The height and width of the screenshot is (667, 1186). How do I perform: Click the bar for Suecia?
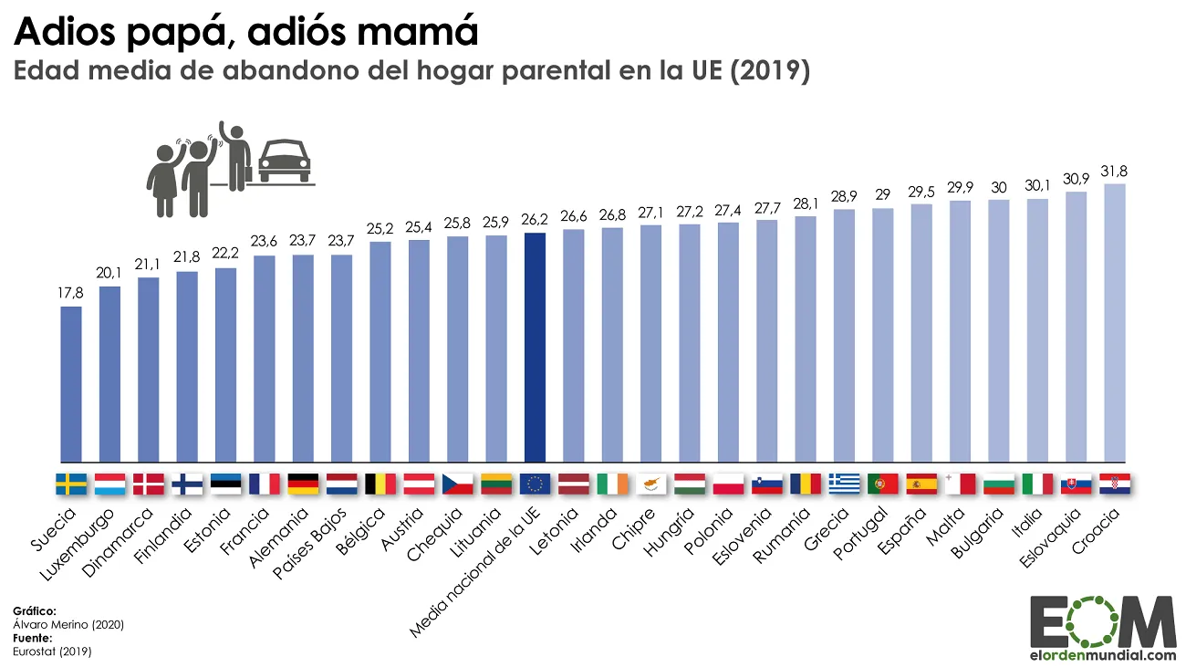click(71, 384)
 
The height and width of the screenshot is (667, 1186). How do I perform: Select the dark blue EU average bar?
click(536, 348)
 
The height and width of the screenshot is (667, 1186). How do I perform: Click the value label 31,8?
click(1115, 172)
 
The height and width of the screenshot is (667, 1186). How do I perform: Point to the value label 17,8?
click(71, 294)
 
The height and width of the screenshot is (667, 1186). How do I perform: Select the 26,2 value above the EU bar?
click(536, 220)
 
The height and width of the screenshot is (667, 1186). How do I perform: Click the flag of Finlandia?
click(187, 484)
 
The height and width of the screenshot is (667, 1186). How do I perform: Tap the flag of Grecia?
click(845, 484)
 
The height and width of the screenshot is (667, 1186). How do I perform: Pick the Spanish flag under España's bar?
click(921, 484)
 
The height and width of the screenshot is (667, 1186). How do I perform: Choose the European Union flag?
click(536, 484)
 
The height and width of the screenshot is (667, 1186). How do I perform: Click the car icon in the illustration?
click(286, 162)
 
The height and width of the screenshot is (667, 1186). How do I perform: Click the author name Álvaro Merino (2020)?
click(68, 624)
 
